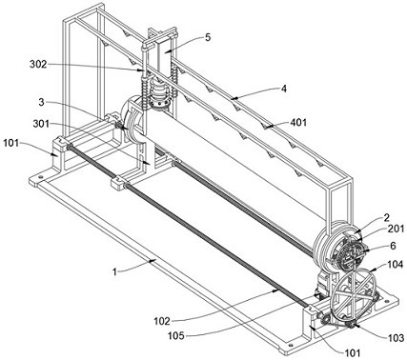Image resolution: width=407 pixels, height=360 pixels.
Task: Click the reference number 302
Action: pyautogui.click(x=38, y=65)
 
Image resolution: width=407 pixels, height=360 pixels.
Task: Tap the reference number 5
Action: pyautogui.click(x=207, y=37)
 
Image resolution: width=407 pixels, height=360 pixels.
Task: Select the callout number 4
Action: pyautogui.click(x=284, y=89)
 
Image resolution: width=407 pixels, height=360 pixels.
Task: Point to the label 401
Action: pyautogui.click(x=298, y=122)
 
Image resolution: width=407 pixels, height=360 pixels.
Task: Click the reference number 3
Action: pyautogui.click(x=41, y=102)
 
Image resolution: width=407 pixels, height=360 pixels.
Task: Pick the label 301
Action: pyautogui.click(x=41, y=124)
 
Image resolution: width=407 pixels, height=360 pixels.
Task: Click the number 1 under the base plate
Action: pyautogui.click(x=115, y=272)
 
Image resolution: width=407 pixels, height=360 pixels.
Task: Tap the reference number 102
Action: pyautogui.click(x=162, y=321)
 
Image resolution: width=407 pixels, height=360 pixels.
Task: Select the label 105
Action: pyautogui.click(x=176, y=335)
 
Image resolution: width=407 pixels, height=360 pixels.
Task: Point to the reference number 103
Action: pyautogui.click(x=396, y=338)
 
